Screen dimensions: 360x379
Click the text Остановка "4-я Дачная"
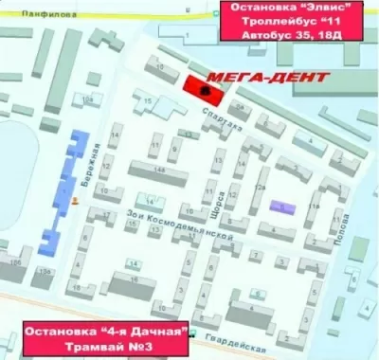coord(106,333)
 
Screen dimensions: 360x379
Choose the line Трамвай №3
coord(106,349)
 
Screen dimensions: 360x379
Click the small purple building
coord(281,207)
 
